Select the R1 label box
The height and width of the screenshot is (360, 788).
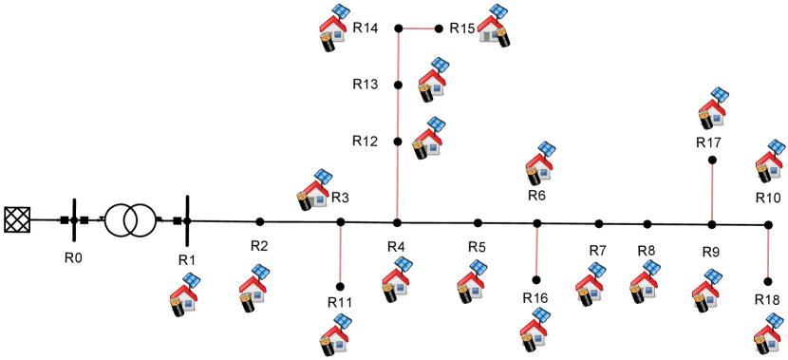187,262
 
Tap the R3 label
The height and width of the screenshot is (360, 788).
341,198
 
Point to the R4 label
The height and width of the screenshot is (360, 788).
396,247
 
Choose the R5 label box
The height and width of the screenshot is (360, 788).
477,247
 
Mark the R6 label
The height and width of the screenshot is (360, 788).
537,193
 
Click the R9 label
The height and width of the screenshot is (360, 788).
711,255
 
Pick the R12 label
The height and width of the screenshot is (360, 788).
366,142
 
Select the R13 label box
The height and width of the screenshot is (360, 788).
366,85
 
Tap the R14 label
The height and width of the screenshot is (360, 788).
366,28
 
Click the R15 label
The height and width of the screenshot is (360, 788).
462,28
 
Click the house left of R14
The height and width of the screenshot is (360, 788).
333,26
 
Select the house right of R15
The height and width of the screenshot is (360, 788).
492,26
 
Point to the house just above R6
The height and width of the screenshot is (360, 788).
539,162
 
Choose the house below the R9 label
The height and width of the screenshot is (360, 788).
706,291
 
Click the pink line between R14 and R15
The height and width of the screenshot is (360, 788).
418,28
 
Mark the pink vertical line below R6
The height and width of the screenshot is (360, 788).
536,251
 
